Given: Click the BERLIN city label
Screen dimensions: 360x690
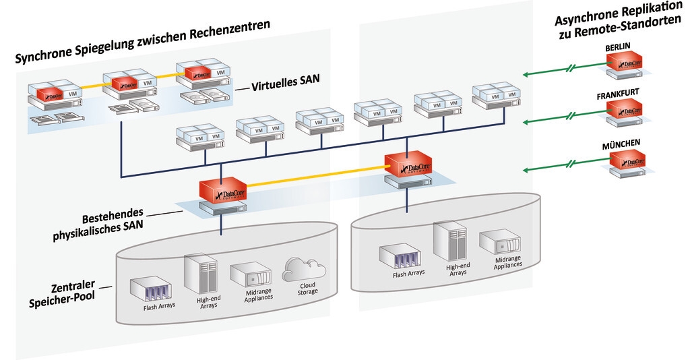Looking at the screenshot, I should click(619, 47).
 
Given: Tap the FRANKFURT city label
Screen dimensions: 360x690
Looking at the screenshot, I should click(618, 94).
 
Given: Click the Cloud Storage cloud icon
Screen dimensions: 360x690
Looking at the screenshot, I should click(303, 269).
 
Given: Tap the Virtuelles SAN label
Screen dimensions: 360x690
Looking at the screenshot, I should click(285, 86).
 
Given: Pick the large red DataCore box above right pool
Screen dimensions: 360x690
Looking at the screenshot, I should click(409, 164).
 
